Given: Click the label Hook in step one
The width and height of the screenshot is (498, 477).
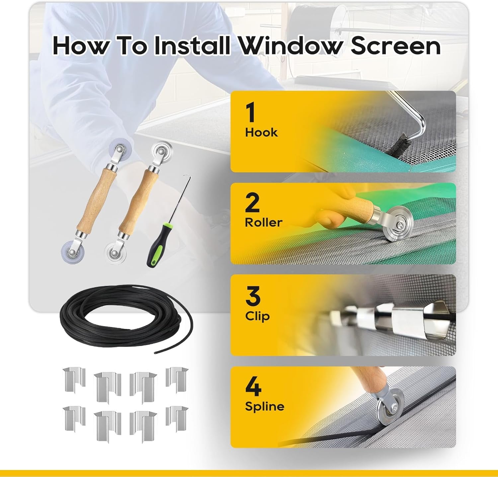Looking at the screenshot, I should pyautogui.click(x=261, y=132).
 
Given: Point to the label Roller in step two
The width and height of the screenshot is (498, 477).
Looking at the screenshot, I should pyautogui.click(x=263, y=222).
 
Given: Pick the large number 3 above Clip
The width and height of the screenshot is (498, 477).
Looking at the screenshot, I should pyautogui.click(x=253, y=296).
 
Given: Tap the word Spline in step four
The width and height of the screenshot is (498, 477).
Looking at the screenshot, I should pyautogui.click(x=265, y=406).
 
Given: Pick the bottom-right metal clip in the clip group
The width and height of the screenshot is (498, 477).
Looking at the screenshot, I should pyautogui.click(x=177, y=417).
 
